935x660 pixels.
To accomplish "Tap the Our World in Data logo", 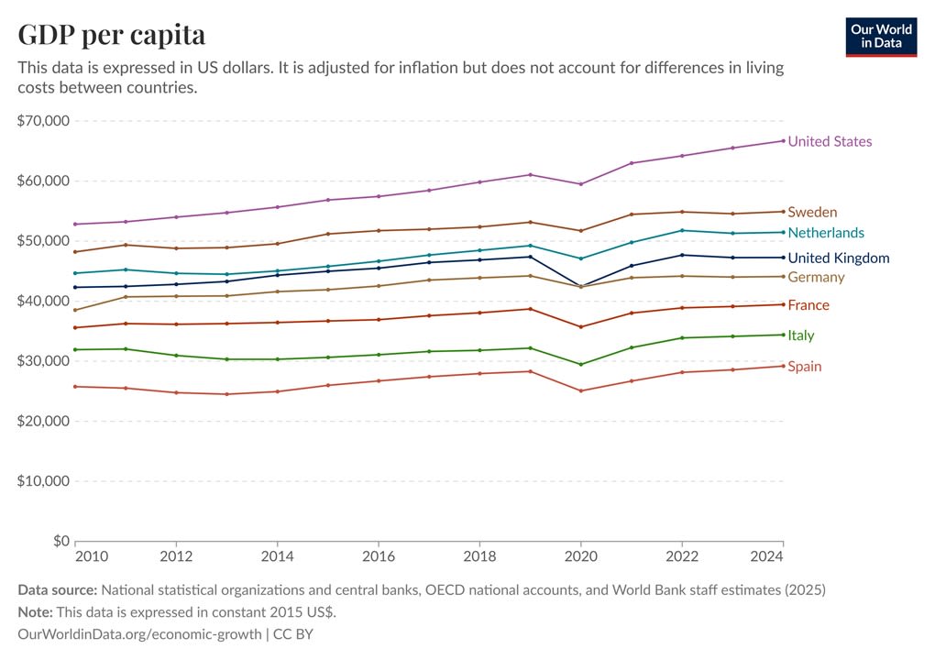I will tap(881, 36).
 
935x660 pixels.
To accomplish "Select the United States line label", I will tap(830, 141).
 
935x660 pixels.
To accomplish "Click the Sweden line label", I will tap(812, 212).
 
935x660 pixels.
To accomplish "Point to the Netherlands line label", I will tap(825, 233).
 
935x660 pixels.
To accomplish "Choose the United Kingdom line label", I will tap(838, 258).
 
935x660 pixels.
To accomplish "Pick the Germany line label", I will tap(816, 277).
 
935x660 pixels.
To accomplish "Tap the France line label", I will tap(808, 305).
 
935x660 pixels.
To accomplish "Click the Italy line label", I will tap(800, 335).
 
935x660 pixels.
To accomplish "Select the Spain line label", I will tap(804, 367).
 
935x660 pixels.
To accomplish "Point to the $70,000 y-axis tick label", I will tap(43, 121).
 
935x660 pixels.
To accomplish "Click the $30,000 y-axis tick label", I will tap(43, 361).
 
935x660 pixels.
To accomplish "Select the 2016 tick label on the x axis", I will tap(378, 556).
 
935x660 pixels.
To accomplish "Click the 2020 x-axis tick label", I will tap(580, 556).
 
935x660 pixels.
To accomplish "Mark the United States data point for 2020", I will tap(580, 184).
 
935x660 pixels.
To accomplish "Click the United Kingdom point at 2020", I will tap(580, 286).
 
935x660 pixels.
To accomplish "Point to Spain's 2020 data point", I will tap(580, 390).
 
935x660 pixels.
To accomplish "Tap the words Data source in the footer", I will tap(57, 590).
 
